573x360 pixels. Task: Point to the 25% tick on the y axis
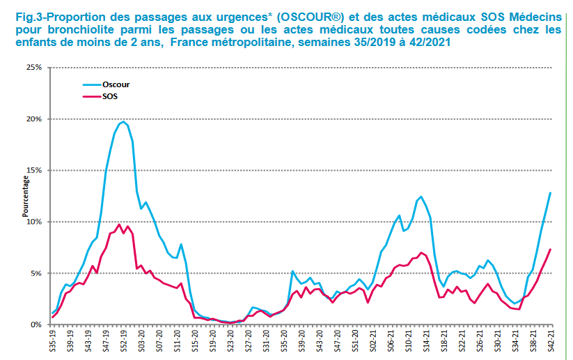click(34, 67)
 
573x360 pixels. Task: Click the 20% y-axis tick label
click(34, 119)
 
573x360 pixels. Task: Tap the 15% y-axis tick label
click(34, 170)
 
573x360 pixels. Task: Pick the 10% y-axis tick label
click(34, 222)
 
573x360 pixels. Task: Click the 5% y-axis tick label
click(36, 273)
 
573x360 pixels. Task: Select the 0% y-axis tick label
click(36, 325)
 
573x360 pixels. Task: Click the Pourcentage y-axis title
click(26, 196)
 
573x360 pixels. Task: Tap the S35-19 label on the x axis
click(53, 342)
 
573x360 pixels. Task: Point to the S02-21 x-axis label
click(373, 342)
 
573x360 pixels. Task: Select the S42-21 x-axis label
click(551, 342)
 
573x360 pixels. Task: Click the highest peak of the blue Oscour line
click(123, 121)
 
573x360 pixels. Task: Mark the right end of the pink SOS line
click(551, 249)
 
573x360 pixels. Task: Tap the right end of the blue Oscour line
click(551, 193)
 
